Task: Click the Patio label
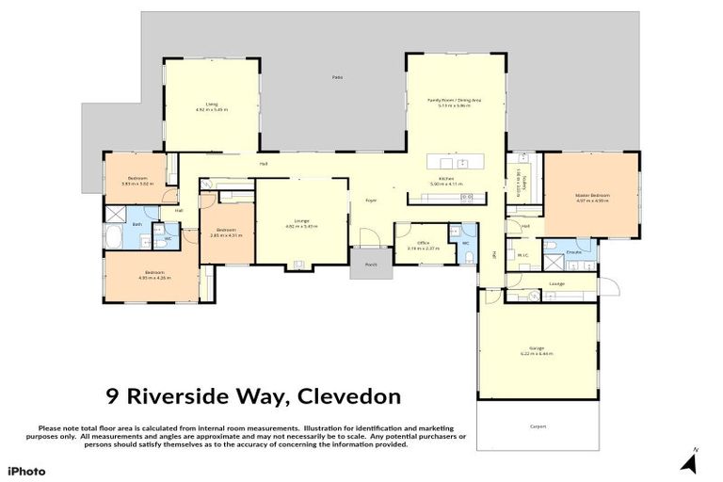pyautogui.click(x=336, y=77)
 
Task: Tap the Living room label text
pyautogui.click(x=212, y=104)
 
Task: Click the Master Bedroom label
pyautogui.click(x=593, y=195)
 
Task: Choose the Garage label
pyautogui.click(x=537, y=347)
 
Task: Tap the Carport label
pyautogui.click(x=537, y=426)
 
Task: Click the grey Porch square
pyautogui.click(x=371, y=264)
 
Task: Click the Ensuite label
pyautogui.click(x=573, y=253)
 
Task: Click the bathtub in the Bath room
pyautogui.click(x=112, y=237)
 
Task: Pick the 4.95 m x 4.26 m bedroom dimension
pyautogui.click(x=152, y=279)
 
